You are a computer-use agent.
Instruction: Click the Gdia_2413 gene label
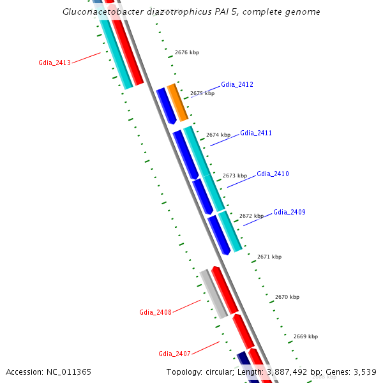click(54, 63)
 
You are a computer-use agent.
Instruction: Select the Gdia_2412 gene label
click(237, 84)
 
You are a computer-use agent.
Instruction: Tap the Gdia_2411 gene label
click(256, 133)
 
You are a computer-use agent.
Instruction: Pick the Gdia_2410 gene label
click(273, 174)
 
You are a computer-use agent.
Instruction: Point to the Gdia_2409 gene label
click(289, 212)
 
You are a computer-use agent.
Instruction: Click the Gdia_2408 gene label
click(155, 312)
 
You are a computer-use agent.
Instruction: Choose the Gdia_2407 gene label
click(174, 354)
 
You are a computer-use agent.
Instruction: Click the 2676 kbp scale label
click(187, 52)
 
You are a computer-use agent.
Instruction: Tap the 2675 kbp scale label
click(202, 93)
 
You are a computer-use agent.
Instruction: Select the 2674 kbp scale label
click(218, 135)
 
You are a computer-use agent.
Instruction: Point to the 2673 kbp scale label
click(235, 176)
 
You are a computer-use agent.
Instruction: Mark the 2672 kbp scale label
click(252, 216)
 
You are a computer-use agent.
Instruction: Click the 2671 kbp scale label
click(269, 257)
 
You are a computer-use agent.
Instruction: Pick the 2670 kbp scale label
click(287, 297)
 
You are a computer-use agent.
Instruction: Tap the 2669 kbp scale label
click(306, 336)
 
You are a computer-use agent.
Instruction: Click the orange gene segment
click(177, 102)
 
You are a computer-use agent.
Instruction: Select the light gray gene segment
click(214, 294)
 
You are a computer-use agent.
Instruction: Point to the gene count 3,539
click(366, 372)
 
